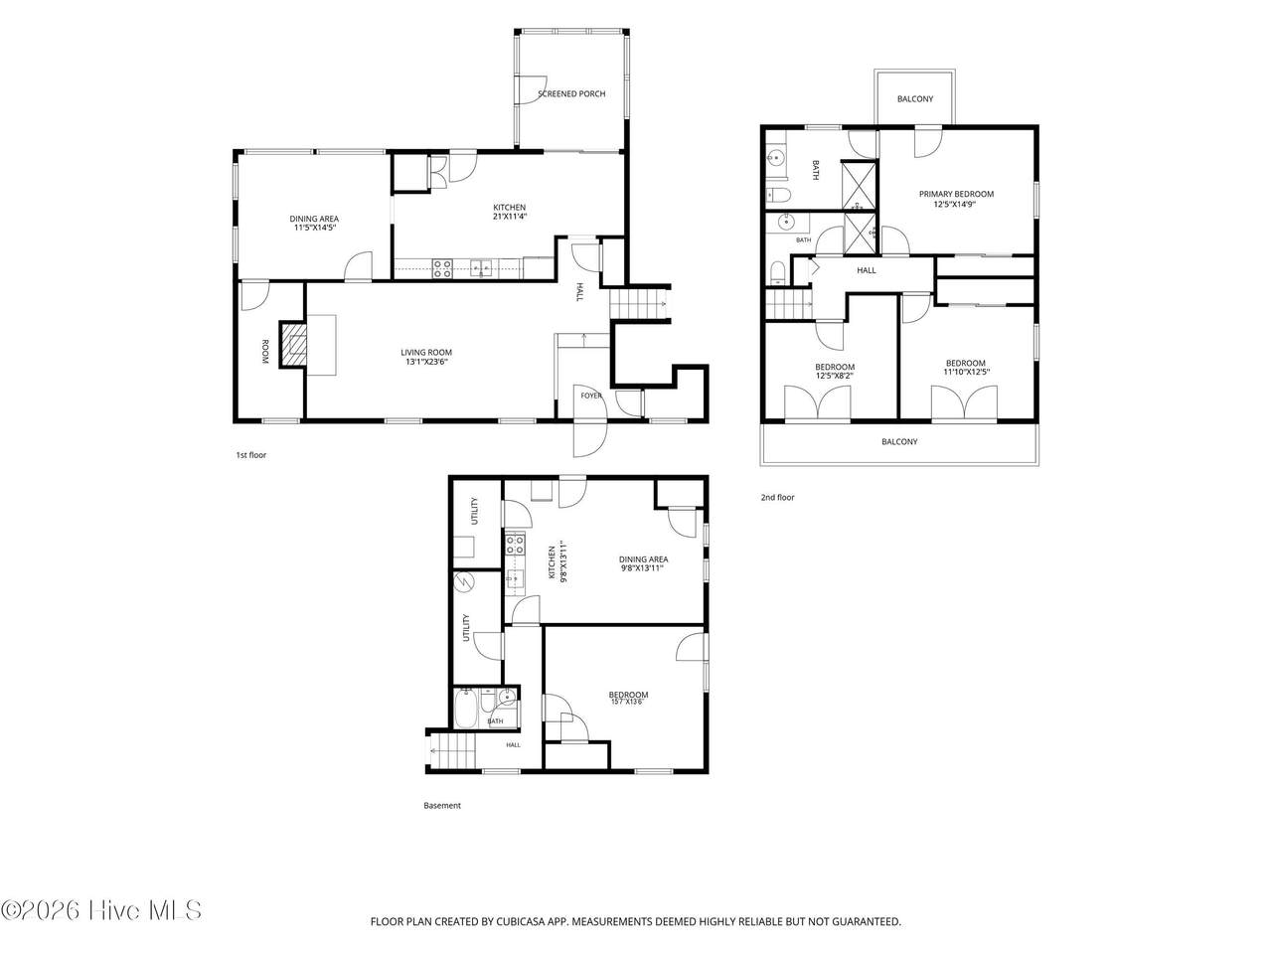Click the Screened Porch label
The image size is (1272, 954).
(570, 93)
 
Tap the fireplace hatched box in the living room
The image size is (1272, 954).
(292, 345)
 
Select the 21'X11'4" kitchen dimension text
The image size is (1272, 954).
(510, 217)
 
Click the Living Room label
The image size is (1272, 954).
(426, 352)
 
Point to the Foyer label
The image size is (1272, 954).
(591, 396)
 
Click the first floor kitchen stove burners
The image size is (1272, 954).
(442, 268)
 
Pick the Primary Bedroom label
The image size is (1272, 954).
(956, 194)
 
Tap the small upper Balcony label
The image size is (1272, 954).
(915, 99)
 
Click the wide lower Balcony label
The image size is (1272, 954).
(899, 441)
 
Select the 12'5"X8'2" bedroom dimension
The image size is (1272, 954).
(835, 376)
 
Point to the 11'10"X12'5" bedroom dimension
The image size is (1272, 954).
(966, 372)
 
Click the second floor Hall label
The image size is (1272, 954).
(867, 270)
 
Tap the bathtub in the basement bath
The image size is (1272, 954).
(465, 708)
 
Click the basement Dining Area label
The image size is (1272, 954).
(643, 558)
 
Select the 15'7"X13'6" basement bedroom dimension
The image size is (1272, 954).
(628, 702)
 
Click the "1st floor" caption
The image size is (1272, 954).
(251, 455)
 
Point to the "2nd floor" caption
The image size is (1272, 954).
(777, 497)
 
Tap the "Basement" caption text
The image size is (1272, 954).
(442, 805)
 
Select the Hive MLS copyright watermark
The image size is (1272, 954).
(101, 910)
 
